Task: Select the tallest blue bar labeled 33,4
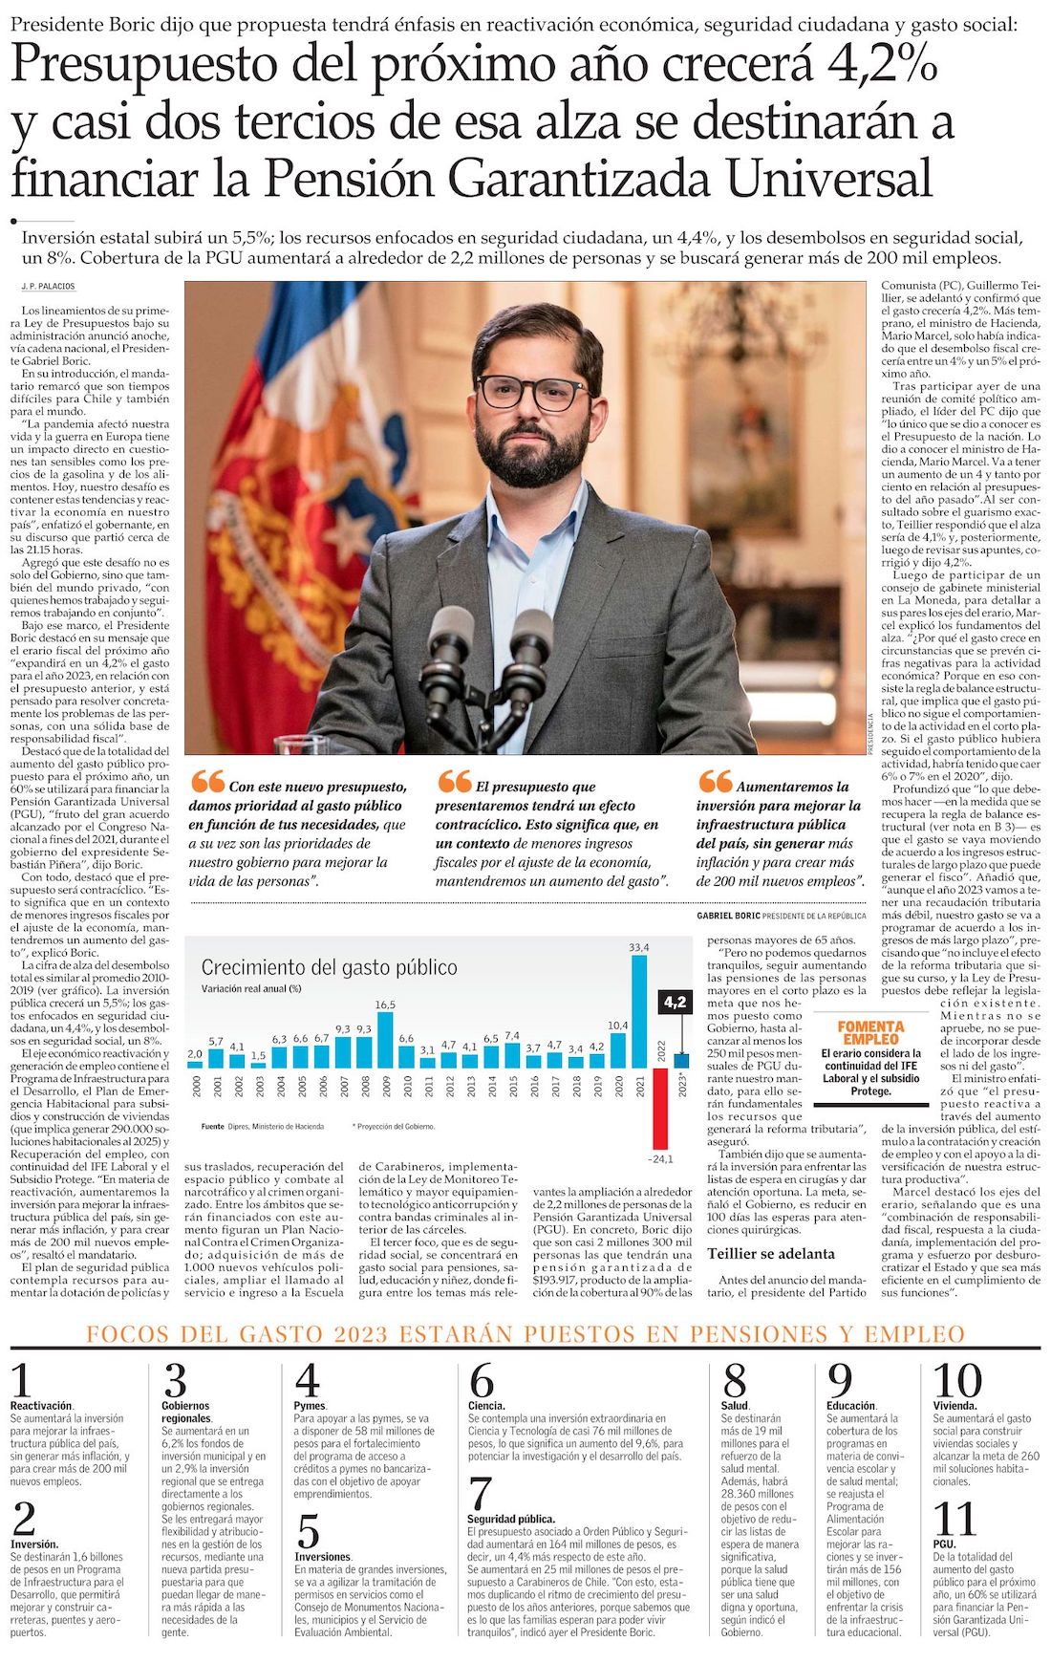(639, 1011)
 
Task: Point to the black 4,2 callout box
(675, 1002)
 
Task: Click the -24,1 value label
(660, 1159)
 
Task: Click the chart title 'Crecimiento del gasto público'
(329, 967)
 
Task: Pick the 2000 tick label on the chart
(196, 1085)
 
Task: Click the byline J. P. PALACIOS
(48, 287)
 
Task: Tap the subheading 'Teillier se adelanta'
(770, 1253)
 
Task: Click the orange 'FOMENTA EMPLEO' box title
(870, 1032)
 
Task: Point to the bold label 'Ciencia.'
(486, 1406)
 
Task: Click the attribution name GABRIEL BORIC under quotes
(728, 916)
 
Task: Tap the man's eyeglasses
(531, 392)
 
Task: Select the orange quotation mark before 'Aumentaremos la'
(715, 782)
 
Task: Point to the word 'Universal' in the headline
(827, 178)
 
